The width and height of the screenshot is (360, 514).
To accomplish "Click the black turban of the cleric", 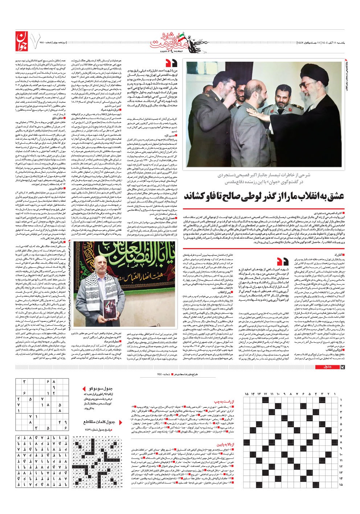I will (x=308, y=74).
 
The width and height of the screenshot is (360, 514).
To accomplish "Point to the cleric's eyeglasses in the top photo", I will (x=307, y=86).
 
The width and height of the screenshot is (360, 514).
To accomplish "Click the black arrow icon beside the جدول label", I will (x=339, y=367).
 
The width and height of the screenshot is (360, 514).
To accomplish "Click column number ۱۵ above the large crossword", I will (x=247, y=394).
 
